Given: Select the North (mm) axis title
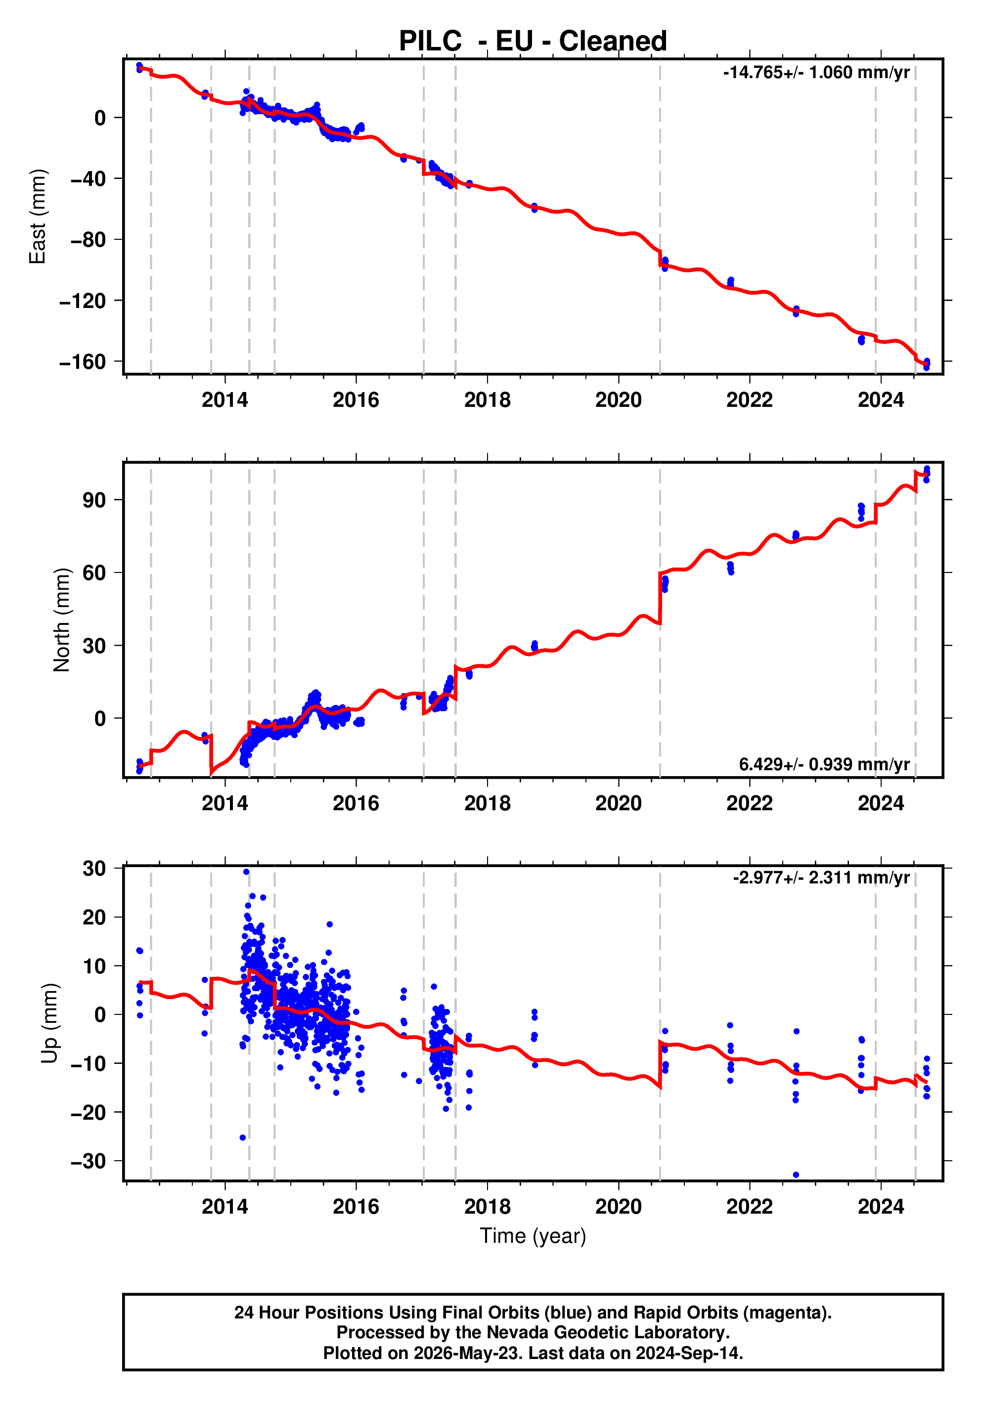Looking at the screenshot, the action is (62, 620).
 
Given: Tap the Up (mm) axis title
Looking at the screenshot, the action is (49, 1023).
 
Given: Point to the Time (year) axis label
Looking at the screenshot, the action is (533, 1235).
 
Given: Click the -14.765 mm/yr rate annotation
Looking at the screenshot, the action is (816, 73).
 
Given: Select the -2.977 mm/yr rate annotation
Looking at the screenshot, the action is (821, 877).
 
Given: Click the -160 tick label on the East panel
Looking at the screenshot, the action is (83, 362).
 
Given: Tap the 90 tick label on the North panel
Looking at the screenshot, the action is (94, 500).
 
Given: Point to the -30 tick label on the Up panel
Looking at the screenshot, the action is (89, 1161).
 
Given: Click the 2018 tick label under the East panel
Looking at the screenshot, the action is (487, 400).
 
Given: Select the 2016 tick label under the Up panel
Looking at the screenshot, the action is (356, 1206).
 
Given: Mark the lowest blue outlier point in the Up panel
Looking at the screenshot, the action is (796, 1175).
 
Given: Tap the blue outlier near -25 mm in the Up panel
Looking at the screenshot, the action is (242, 1138).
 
